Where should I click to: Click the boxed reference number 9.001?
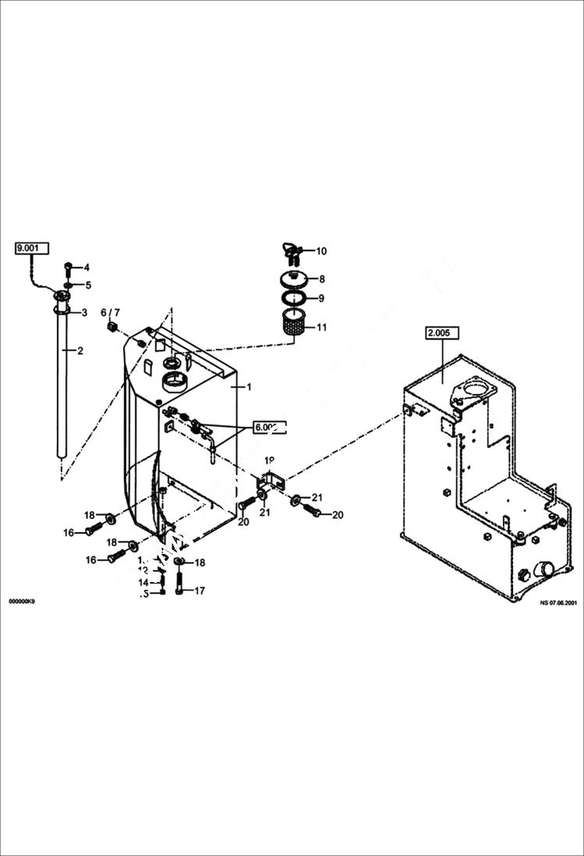coord(31,248)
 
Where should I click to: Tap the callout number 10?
coord(320,251)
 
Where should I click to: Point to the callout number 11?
coord(320,327)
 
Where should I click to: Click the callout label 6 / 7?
coord(111,312)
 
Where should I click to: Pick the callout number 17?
coord(200,591)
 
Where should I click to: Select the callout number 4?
coord(87,268)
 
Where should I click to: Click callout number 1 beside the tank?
coord(249,386)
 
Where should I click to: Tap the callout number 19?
coord(269,461)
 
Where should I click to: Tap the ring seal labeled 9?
coord(292,298)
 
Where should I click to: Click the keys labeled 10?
coord(289,250)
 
